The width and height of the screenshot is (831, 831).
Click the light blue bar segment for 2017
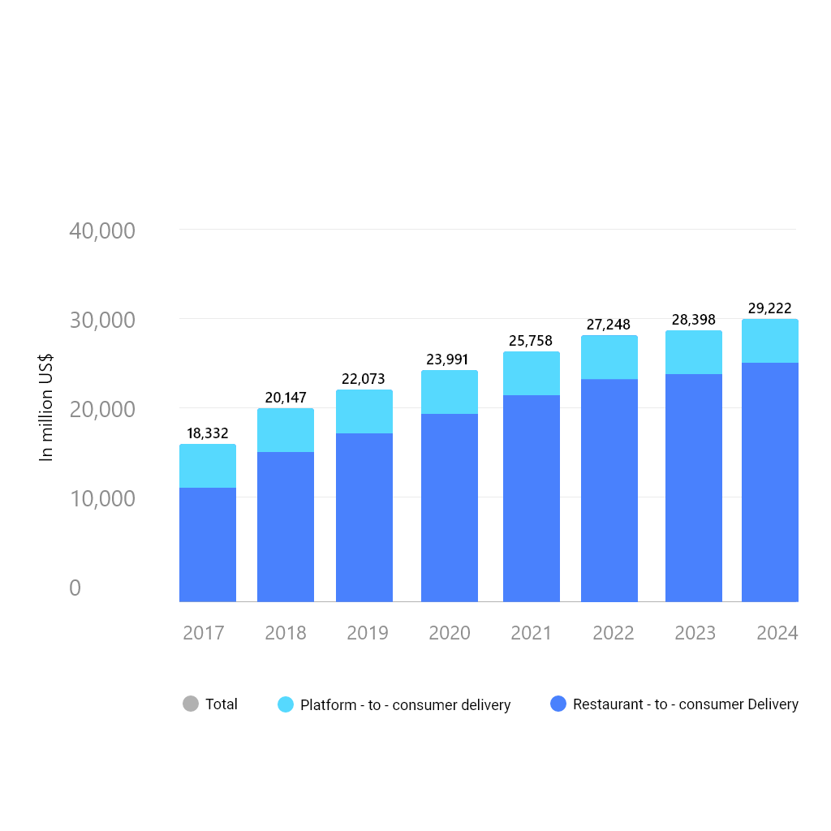click(x=208, y=466)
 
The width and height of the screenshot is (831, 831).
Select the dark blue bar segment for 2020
click(x=450, y=507)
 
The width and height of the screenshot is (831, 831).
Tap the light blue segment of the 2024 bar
click(x=770, y=341)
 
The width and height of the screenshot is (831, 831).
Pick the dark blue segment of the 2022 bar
click(x=609, y=490)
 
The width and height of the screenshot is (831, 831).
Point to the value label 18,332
click(x=208, y=433)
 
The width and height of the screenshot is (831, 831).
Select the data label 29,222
click(x=769, y=308)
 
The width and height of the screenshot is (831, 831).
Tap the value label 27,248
click(x=609, y=325)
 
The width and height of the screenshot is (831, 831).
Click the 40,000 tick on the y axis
click(x=102, y=231)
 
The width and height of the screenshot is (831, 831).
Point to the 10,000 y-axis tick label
click(x=102, y=499)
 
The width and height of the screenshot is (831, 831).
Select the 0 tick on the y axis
click(x=75, y=588)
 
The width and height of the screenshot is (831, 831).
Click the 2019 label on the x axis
click(x=368, y=633)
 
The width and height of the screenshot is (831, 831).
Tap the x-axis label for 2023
click(x=695, y=633)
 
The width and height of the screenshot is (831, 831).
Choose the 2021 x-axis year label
click(x=532, y=633)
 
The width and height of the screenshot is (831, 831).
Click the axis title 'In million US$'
click(x=47, y=407)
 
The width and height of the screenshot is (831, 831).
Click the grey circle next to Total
click(x=191, y=704)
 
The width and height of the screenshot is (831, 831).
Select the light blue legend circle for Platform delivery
click(x=286, y=704)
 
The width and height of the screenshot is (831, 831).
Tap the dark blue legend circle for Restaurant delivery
click(x=558, y=704)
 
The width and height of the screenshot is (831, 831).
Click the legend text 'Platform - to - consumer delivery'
click(x=406, y=705)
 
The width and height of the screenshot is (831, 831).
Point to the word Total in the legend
click(x=222, y=704)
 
